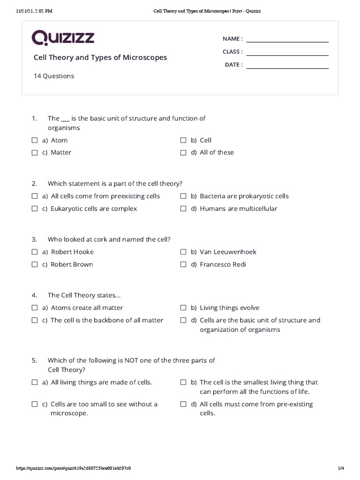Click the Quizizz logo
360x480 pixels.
(63, 38)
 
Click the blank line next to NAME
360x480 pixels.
(287, 41)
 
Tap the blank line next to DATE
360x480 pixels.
(287, 67)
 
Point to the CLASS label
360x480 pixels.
(232, 52)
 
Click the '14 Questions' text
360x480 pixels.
(53, 76)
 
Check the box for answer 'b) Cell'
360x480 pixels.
(184, 140)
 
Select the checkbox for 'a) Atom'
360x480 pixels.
(35, 140)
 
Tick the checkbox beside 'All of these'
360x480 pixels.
(184, 152)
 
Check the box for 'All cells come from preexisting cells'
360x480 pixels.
(35, 196)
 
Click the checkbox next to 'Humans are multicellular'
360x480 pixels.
(184, 209)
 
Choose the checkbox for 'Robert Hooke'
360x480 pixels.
(35, 252)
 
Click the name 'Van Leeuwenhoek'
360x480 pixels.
(228, 252)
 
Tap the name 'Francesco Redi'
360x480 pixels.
(223, 264)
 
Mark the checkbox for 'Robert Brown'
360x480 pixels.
(35, 264)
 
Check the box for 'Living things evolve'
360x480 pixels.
(184, 308)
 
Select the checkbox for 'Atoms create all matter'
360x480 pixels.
(35, 308)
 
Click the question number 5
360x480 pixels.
(34, 360)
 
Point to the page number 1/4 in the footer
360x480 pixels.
(341, 468)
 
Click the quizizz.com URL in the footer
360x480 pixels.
(74, 468)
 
